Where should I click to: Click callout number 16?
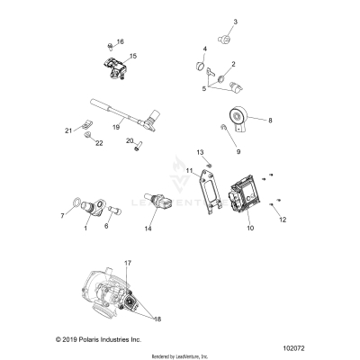click(x=121, y=41)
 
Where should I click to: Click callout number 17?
click(x=127, y=262)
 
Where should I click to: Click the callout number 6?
click(x=106, y=226)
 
